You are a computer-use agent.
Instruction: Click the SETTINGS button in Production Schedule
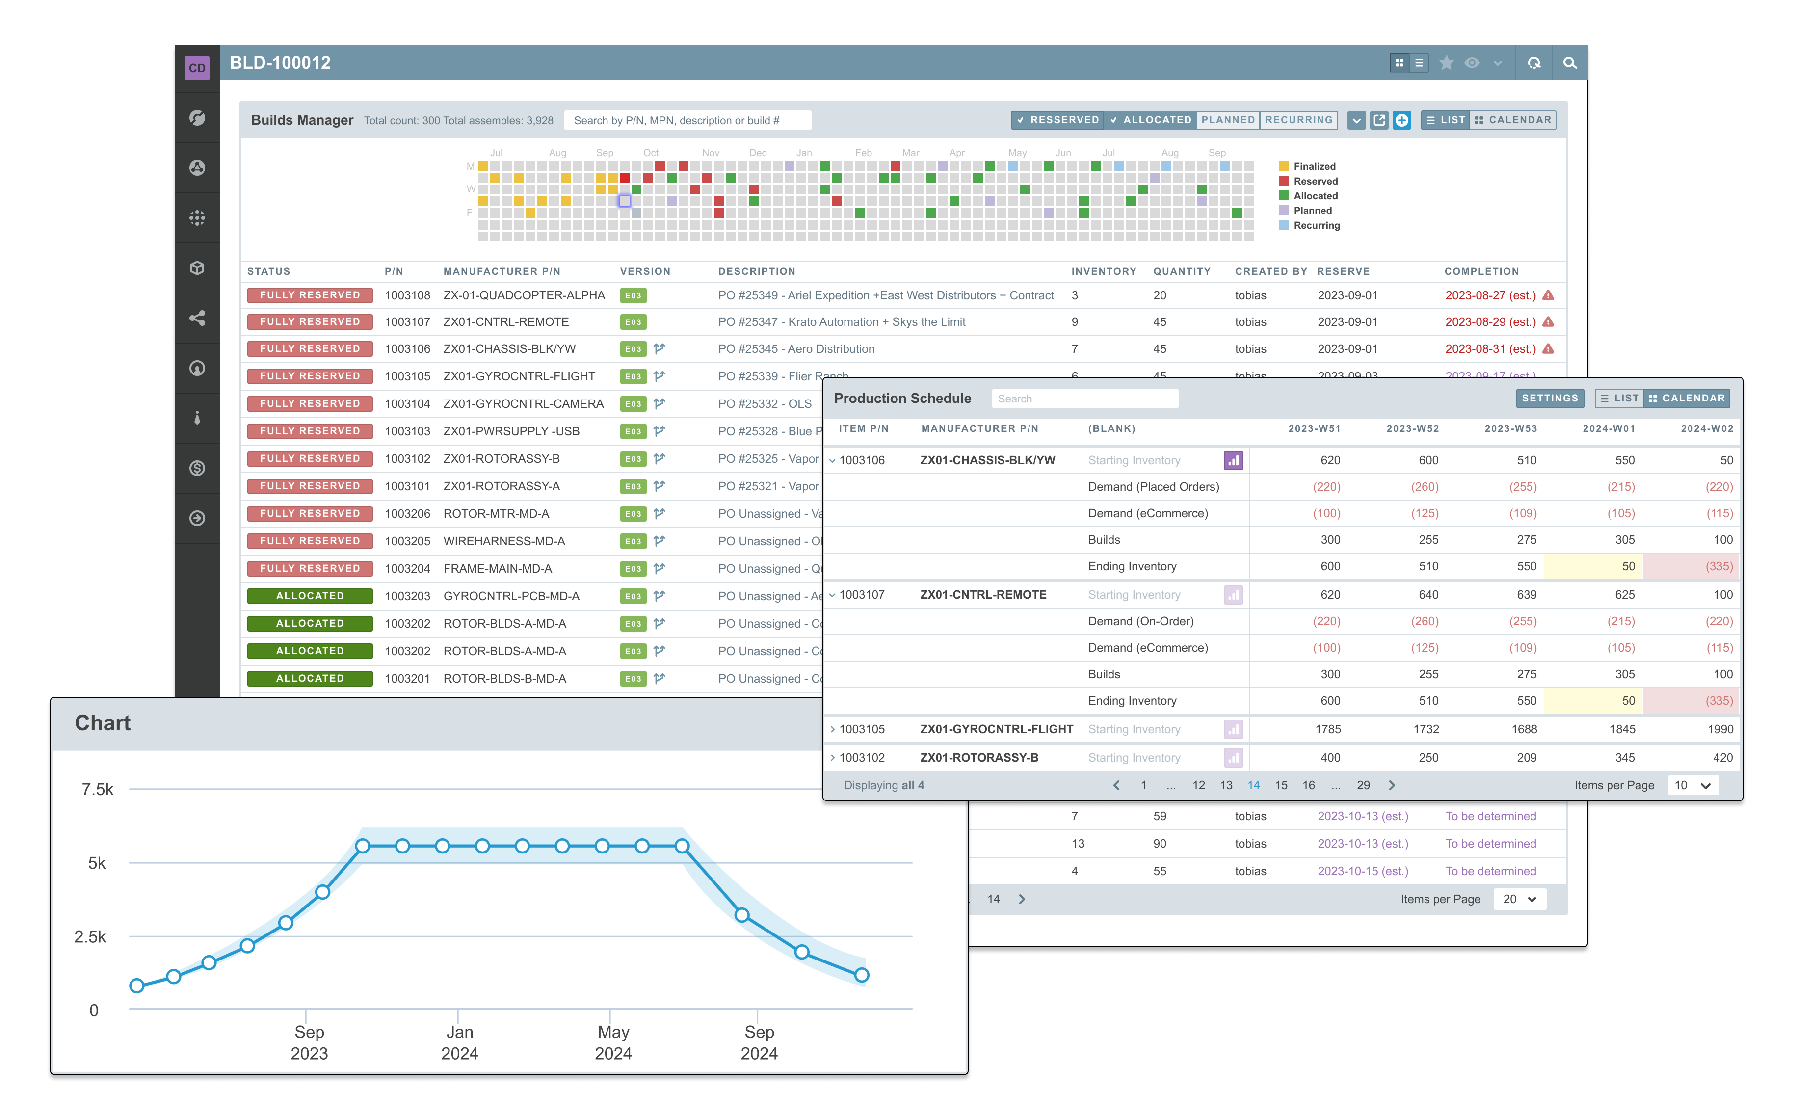coord(1549,399)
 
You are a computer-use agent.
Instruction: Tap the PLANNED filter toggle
coord(1228,120)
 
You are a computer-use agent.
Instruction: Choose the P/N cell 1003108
coord(407,295)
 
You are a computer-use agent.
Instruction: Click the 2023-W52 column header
coord(1412,429)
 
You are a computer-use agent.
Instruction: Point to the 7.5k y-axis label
coord(97,790)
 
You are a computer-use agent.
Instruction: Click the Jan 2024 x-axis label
coord(459,1042)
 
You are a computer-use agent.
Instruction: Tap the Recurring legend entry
coord(1316,226)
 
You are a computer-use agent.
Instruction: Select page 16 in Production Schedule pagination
coord(1309,785)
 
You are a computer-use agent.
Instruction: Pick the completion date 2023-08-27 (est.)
coord(1490,295)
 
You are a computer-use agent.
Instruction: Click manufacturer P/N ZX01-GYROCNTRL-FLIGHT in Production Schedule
coord(996,730)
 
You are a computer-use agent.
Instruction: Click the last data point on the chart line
coord(861,976)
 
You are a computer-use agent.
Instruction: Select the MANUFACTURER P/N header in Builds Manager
coord(502,272)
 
